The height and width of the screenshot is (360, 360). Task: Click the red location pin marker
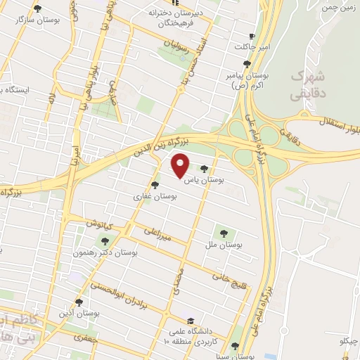coord(181,166)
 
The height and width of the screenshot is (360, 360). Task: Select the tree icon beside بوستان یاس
coord(205,169)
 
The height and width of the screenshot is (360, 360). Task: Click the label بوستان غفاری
coord(155,198)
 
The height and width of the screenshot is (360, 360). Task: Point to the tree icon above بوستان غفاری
coord(165,186)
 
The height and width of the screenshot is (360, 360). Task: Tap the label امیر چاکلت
coord(252,46)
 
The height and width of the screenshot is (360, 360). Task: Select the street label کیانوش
coord(101,224)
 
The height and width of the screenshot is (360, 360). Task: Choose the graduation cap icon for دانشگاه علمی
coord(189,319)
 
